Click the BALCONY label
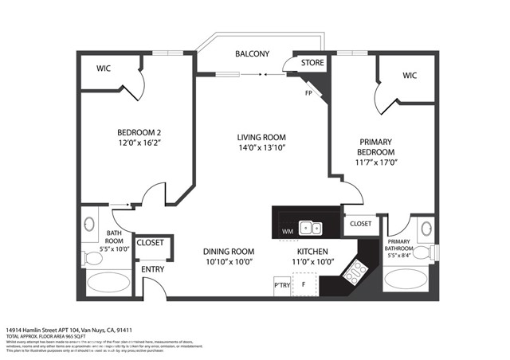click(252, 53)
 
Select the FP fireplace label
click(308, 92)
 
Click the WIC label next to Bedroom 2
click(104, 68)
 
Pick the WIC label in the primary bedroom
click(410, 76)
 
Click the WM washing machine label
click(287, 232)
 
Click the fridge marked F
click(304, 284)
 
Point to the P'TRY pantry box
click(281, 285)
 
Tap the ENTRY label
click(152, 269)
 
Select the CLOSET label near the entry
click(150, 243)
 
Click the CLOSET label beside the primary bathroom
click(360, 224)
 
